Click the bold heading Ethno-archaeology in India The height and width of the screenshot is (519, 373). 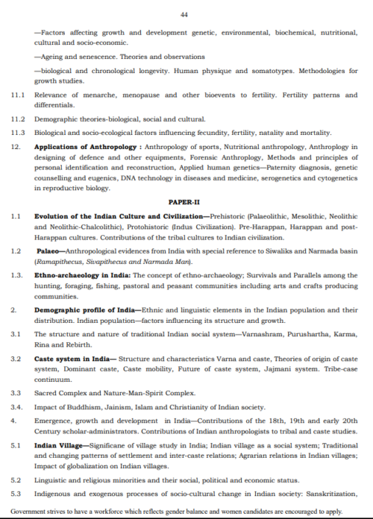click(82, 275)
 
